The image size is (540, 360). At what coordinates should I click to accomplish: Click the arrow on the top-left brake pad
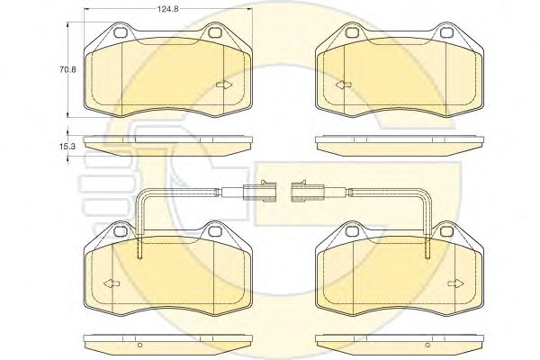(x=224, y=85)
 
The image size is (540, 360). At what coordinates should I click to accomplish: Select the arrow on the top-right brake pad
(x=341, y=85)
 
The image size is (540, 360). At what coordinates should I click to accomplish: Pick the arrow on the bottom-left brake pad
(x=111, y=283)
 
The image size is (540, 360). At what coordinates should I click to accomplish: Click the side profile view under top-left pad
(x=166, y=144)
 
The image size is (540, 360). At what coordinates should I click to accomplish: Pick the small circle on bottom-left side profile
(x=139, y=345)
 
